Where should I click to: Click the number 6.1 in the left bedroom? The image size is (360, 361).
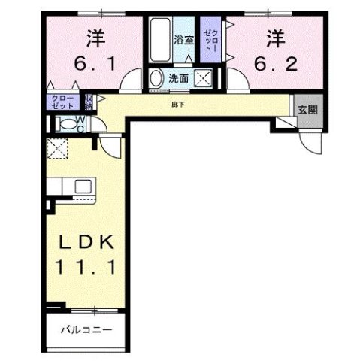(x=95, y=65)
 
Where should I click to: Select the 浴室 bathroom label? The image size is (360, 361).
(x=185, y=41)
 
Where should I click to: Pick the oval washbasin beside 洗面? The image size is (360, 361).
(x=157, y=77)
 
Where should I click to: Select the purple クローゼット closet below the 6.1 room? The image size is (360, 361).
(x=63, y=102)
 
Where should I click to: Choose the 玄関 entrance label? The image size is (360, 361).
(x=307, y=110)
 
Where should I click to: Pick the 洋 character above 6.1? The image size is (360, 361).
(x=95, y=38)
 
